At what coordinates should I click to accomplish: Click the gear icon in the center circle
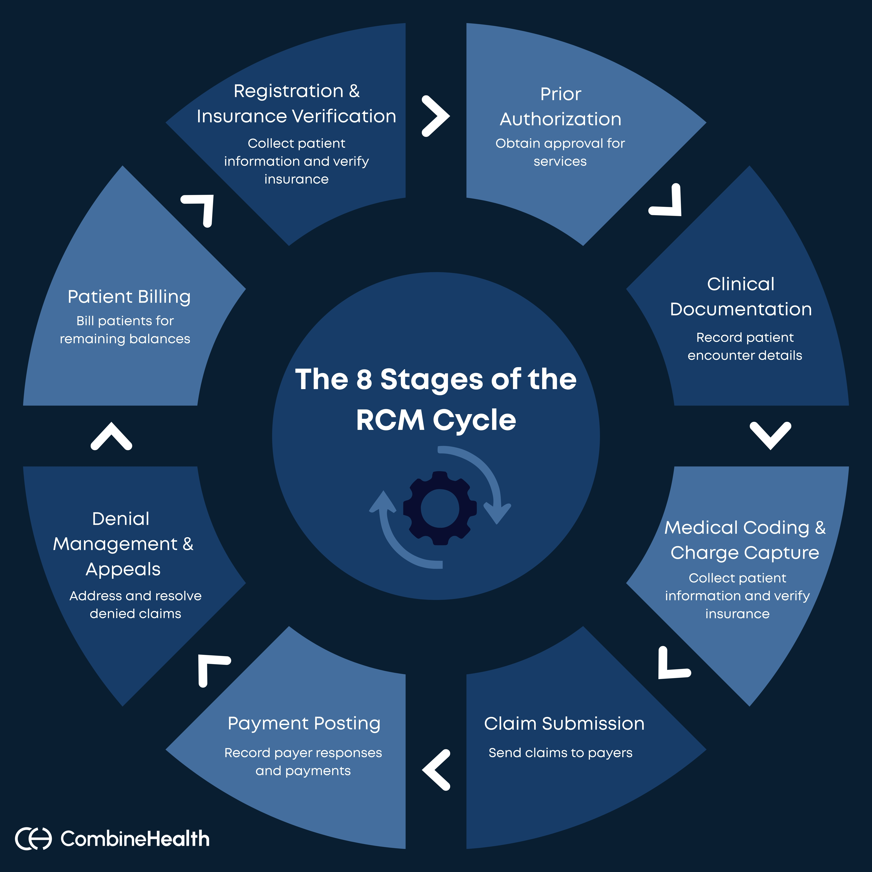tap(440, 508)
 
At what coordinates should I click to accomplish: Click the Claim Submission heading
tap(564, 723)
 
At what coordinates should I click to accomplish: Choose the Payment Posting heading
tap(304, 723)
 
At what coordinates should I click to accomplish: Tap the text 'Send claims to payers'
tap(560, 753)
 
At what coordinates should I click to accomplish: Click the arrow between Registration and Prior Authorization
tap(436, 116)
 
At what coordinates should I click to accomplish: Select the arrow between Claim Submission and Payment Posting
tap(436, 770)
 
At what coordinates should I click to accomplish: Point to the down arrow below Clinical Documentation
tap(770, 436)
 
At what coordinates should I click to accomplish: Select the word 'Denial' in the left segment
tap(120, 519)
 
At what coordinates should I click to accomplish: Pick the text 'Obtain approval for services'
tap(560, 152)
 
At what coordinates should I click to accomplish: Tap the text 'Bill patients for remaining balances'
tap(125, 329)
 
